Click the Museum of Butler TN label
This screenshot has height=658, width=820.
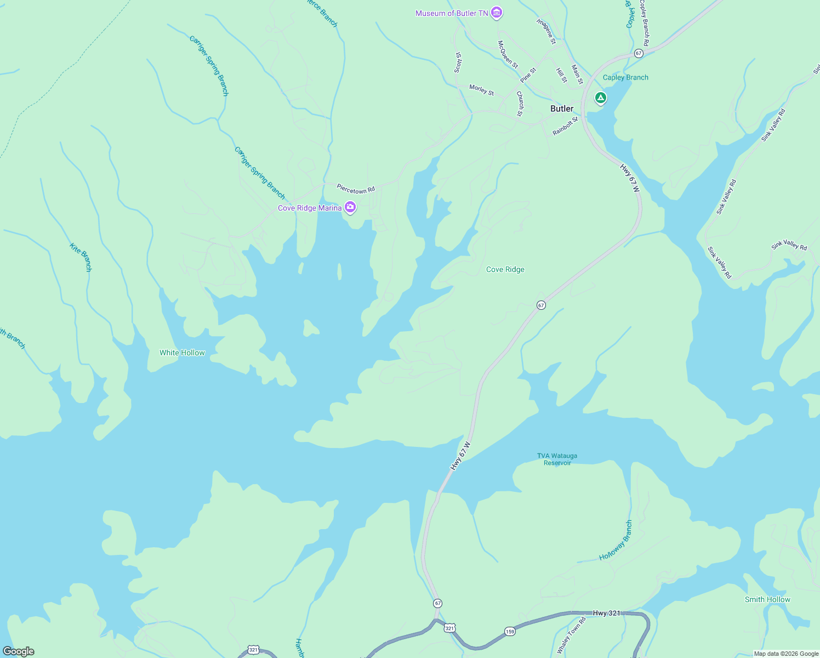click(x=451, y=13)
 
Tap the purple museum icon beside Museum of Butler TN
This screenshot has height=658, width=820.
click(x=497, y=13)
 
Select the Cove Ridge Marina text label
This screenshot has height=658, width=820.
click(x=310, y=208)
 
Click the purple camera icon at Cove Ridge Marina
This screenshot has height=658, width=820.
click(x=350, y=207)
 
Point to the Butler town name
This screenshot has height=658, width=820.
click(x=562, y=109)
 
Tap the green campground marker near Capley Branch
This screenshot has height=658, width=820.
click(x=601, y=98)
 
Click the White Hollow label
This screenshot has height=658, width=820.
click(x=182, y=353)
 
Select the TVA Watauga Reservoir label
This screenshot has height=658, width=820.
click(x=557, y=459)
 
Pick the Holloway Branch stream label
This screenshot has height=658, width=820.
click(x=616, y=541)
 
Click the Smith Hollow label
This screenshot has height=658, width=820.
click(x=767, y=599)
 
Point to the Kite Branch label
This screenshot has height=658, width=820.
click(x=81, y=257)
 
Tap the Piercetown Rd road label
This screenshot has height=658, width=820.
click(x=356, y=189)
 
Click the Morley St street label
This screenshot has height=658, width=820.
click(x=482, y=90)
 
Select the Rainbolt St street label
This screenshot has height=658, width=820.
click(x=565, y=126)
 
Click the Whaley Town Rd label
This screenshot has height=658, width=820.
click(x=572, y=635)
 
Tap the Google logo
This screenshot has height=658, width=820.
click(x=19, y=651)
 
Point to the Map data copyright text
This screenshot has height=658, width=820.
click(x=786, y=654)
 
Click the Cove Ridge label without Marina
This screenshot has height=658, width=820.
click(x=505, y=269)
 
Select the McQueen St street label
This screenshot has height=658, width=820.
click(x=508, y=54)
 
